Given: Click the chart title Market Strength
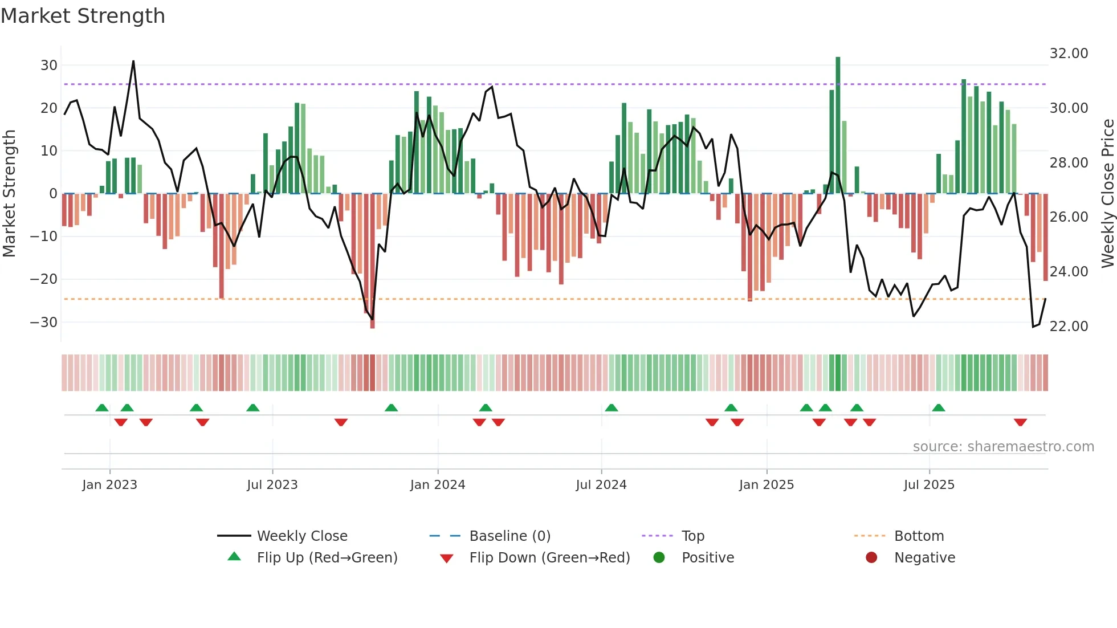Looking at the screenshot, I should pyautogui.click(x=83, y=16).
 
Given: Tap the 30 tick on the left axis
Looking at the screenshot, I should pyautogui.click(x=49, y=65).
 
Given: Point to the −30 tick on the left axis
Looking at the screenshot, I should pyautogui.click(x=44, y=322).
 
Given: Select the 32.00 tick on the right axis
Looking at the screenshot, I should pyautogui.click(x=1069, y=53).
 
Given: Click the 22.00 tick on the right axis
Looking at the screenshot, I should pyautogui.click(x=1069, y=326).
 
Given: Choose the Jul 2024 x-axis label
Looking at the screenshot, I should pyautogui.click(x=601, y=485).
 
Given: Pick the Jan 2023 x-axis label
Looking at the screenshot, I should pyautogui.click(x=109, y=485).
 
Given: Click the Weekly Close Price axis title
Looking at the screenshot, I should pyautogui.click(x=1107, y=194).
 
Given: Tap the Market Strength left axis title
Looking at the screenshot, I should pyautogui.click(x=9, y=194).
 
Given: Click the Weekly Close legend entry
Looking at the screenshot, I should pyautogui.click(x=301, y=536).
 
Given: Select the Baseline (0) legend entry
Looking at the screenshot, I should pyautogui.click(x=509, y=536).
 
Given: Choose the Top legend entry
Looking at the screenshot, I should pyautogui.click(x=692, y=536).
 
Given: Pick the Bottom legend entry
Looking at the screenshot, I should pyautogui.click(x=919, y=536).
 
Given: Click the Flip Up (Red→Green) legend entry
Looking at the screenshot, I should pyautogui.click(x=327, y=558).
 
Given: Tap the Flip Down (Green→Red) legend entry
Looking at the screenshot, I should pyautogui.click(x=549, y=558).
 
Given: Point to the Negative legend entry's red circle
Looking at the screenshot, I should pyautogui.click(x=871, y=557).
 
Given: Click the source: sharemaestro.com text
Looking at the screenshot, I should pyautogui.click(x=1003, y=447).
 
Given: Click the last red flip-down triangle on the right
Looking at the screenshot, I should pyautogui.click(x=1020, y=422).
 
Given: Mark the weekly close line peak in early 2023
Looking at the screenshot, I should pyautogui.click(x=133, y=61).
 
